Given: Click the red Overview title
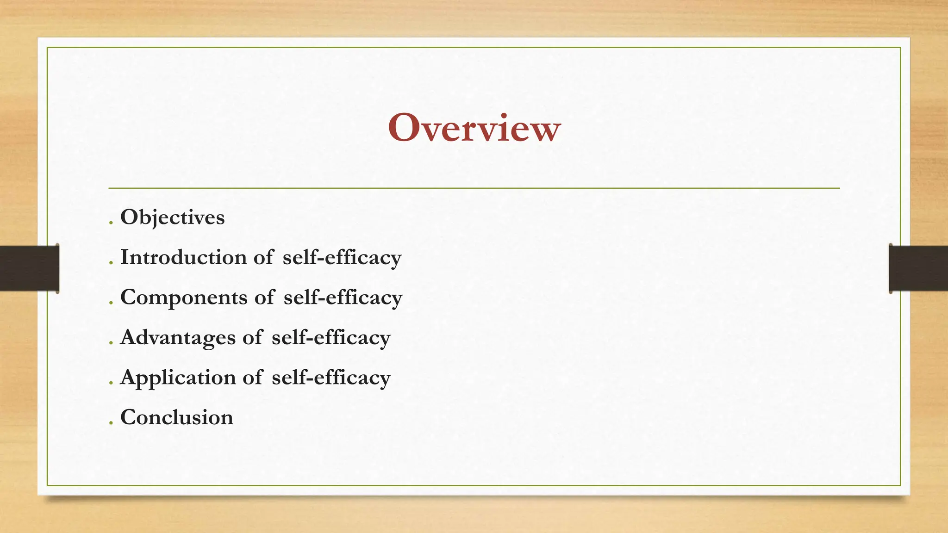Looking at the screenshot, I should (x=474, y=128).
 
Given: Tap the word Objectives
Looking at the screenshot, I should (x=172, y=217).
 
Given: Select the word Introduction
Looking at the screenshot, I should (x=183, y=257).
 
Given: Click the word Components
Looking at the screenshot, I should (x=184, y=297).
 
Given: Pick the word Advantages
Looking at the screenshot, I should (x=178, y=337).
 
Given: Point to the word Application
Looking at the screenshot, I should (x=178, y=378).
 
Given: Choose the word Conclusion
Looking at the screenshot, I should (x=176, y=417).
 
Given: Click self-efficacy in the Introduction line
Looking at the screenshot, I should (x=342, y=258).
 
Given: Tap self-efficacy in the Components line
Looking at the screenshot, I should (x=343, y=297).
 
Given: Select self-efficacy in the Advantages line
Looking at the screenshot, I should (x=331, y=338).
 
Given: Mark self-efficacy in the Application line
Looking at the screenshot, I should (x=331, y=378).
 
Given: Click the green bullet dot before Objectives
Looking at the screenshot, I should (x=111, y=224).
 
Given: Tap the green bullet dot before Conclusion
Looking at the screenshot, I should (x=111, y=424).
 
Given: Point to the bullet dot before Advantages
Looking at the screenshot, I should (x=111, y=344).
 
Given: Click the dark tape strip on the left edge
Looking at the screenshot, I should (x=29, y=268).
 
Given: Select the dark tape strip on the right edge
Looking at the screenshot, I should (x=918, y=268).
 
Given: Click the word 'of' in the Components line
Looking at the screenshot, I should (x=264, y=297).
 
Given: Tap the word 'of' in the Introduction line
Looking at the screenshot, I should (x=263, y=257).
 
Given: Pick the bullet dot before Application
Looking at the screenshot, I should (x=111, y=384).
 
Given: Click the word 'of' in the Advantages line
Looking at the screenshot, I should (x=252, y=337).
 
